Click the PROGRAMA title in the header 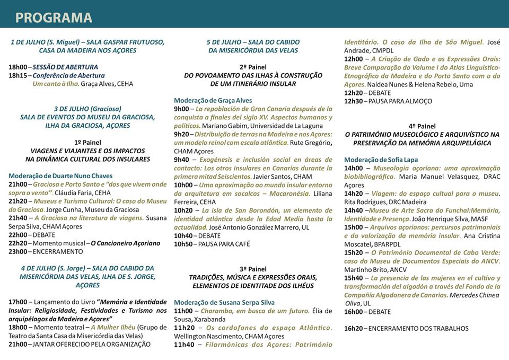pos(54,17)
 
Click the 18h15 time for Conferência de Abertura pos(17,75)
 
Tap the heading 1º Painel pos(87,142)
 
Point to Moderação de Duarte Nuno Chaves pos(60,175)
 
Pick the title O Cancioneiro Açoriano pos(126,243)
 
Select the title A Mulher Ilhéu pos(113,327)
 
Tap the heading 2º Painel pos(253,67)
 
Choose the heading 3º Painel pos(253,269)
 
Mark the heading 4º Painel pos(422,126)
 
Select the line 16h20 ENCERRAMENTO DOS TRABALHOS pos(406,328)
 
